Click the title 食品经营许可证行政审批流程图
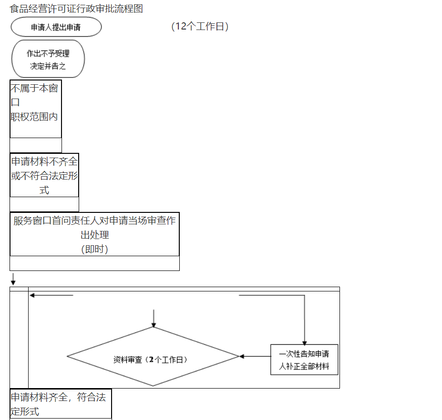tap(76, 9)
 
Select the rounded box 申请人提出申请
tap(56, 27)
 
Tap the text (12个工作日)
tap(200, 26)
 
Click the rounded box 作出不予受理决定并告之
tap(48, 59)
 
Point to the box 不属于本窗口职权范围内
tap(36, 109)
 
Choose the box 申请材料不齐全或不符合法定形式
tap(44, 175)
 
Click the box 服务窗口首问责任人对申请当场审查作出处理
tap(94, 234)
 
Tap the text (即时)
tap(94, 249)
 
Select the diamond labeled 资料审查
tap(153, 357)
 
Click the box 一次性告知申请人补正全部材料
tap(304, 360)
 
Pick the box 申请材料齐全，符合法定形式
tap(61, 404)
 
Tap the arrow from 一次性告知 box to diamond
tap(255, 356)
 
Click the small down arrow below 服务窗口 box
tap(13, 279)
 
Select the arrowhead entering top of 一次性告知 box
tap(305, 341)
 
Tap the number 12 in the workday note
tap(181, 26)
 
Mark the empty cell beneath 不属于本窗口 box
tap(36, 145)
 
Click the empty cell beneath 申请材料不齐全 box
tap(44, 204)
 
